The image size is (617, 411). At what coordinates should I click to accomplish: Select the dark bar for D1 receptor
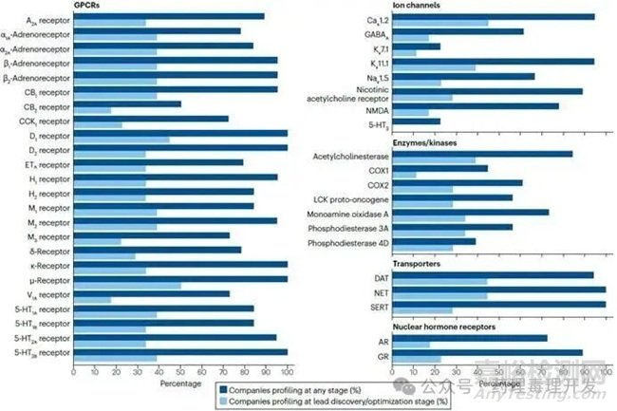pyautogui.click(x=180, y=133)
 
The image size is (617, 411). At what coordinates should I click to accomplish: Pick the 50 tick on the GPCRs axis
pyautogui.click(x=180, y=373)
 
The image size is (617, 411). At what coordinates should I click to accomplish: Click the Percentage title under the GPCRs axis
pyautogui.click(x=180, y=385)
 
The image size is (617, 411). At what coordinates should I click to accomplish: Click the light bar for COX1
pyautogui.click(x=403, y=175)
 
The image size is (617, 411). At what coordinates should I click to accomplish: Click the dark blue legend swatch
pyautogui.click(x=226, y=389)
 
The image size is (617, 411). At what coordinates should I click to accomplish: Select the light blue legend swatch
pyautogui.click(x=226, y=402)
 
